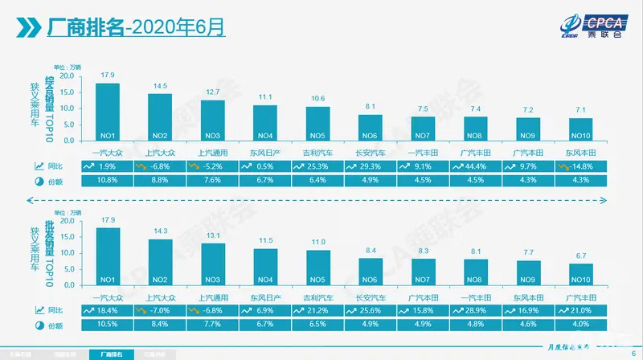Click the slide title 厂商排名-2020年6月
[137, 28]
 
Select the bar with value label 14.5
[159, 117]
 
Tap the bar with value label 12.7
[212, 121]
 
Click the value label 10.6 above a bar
[317, 98]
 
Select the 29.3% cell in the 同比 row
[370, 166]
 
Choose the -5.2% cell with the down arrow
[211, 166]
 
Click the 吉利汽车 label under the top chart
[317, 151]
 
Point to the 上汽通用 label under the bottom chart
[212, 296]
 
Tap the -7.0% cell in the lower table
[159, 309]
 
